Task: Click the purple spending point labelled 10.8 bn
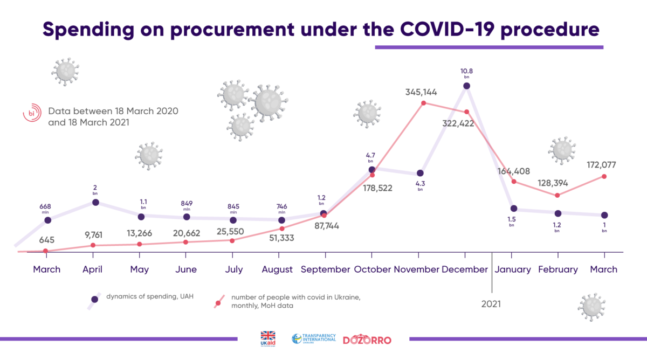tap(466, 86)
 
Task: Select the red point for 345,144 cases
tap(423, 103)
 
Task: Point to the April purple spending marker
tap(95, 202)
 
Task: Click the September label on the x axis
tap(325, 269)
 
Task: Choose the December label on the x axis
tap(464, 269)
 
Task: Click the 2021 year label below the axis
tap(491, 304)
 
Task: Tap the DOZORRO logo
tap(367, 340)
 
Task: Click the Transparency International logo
tap(314, 339)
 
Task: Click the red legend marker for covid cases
tap(218, 302)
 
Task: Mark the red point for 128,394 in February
tap(557, 195)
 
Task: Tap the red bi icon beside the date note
tap(31, 114)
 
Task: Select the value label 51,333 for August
tap(281, 238)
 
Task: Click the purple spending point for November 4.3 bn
tap(420, 174)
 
